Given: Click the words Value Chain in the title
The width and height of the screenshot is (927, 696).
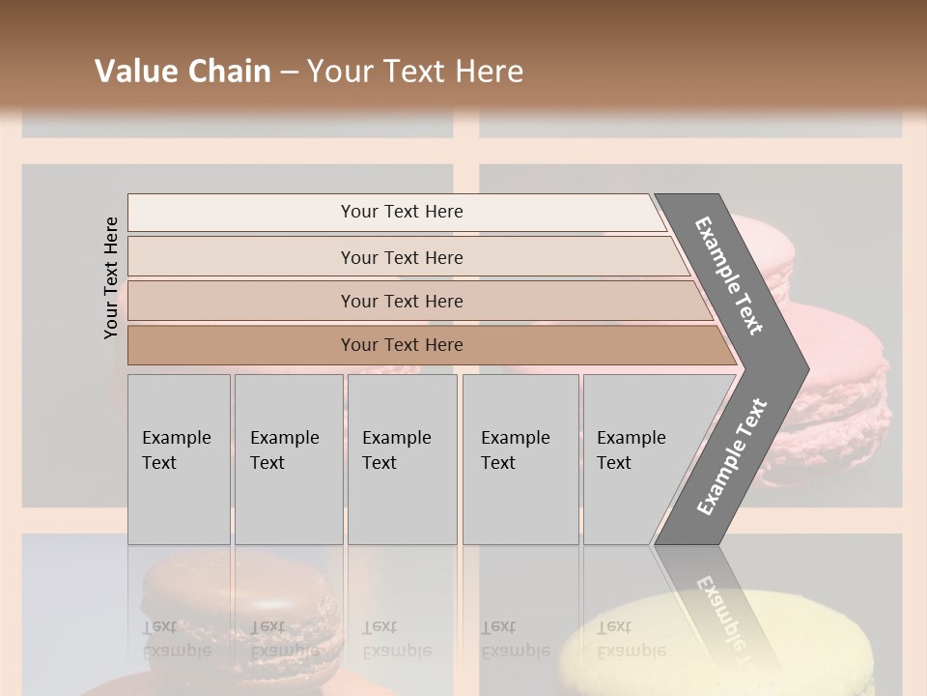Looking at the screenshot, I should point(183,72).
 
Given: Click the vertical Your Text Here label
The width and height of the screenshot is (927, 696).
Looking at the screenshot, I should point(111,277).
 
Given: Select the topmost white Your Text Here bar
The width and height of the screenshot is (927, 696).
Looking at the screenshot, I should point(401,212).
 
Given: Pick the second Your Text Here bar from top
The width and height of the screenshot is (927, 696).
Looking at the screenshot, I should point(401,257).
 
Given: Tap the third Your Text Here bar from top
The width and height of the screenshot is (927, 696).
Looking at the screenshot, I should point(401,301).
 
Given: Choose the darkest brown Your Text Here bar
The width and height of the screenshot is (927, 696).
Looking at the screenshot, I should point(401,345).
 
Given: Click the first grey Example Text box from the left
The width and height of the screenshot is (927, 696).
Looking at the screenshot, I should point(179,458).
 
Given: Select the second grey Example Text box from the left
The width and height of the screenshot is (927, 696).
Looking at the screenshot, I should point(288,458).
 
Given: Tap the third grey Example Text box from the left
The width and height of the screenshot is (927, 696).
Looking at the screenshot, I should point(401,458).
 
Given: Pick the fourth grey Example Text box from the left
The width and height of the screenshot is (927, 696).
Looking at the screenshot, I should point(520,458).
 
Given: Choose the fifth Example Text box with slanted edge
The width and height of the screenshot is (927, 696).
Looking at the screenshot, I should point(637,458).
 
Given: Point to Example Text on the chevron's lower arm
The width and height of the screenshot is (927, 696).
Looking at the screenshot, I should point(732,456).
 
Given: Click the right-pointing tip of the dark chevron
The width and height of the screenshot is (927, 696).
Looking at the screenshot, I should point(801,368).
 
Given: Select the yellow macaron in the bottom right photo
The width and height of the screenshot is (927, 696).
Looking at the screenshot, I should point(715,638).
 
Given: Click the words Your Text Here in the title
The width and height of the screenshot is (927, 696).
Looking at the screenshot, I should point(415,72).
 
